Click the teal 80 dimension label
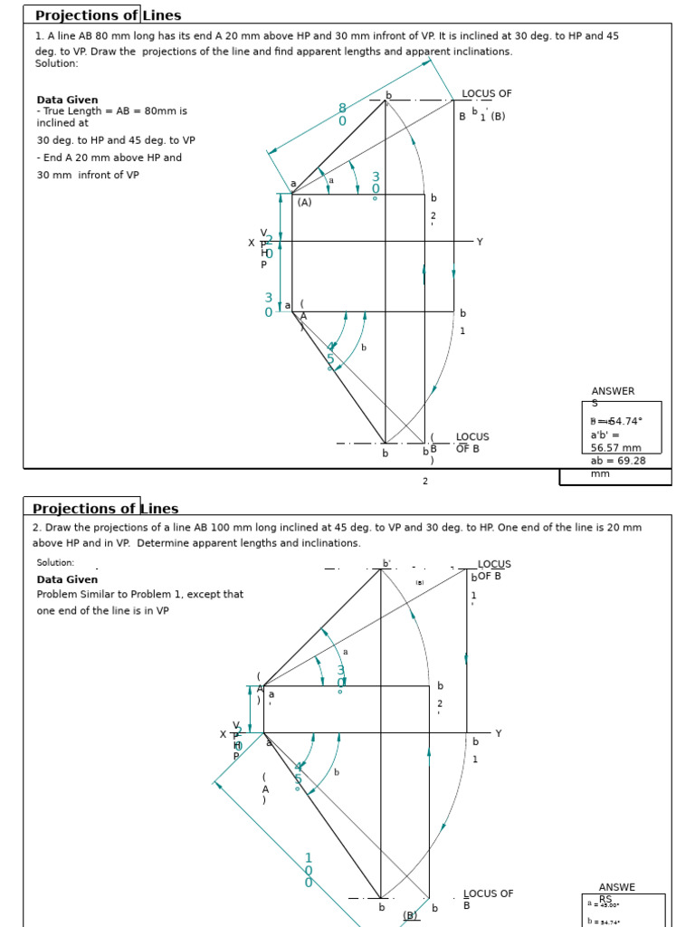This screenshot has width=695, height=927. point(342,115)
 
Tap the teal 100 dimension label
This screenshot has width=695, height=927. point(308,870)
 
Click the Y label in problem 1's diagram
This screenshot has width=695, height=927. point(480,242)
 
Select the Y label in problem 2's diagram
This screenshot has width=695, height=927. point(498,733)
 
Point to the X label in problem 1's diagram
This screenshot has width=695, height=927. point(252,243)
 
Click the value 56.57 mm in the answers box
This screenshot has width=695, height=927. point(615,447)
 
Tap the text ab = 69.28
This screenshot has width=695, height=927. point(617,461)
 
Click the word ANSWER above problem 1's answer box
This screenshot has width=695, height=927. point(613,391)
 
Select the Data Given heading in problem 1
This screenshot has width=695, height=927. point(67,100)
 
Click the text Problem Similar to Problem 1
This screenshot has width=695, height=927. point(139,594)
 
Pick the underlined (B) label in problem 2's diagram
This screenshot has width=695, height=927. point(410,915)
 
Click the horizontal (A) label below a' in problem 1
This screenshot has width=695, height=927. point(304,203)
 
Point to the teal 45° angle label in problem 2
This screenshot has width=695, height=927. point(298,774)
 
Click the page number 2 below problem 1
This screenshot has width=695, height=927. point(425,481)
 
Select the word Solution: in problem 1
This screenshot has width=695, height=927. point(56,63)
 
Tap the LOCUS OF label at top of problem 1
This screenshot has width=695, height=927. point(487,93)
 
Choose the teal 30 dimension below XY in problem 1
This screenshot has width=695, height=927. point(268,305)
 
